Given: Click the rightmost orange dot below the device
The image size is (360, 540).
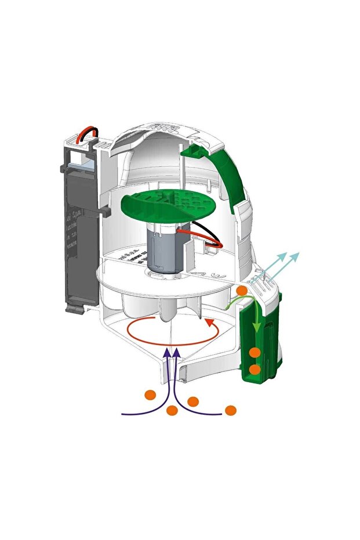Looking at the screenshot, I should point(231,411).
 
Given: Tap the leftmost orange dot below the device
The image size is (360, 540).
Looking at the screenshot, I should point(150,396).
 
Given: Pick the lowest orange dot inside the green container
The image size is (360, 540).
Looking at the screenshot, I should point(254,369).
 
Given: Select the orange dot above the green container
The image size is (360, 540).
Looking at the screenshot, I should point(242,291).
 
